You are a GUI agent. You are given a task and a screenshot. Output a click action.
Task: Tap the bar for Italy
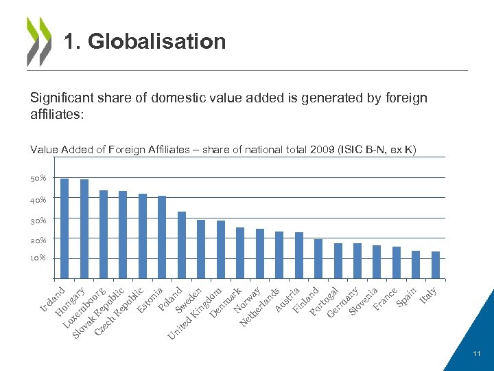[435, 265]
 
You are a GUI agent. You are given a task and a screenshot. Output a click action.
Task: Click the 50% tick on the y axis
[38, 179]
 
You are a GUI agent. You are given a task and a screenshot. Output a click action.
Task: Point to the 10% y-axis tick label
[38, 258]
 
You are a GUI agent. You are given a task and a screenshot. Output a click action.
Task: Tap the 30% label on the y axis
[38, 220]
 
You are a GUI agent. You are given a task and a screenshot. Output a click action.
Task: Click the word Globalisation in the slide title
[157, 42]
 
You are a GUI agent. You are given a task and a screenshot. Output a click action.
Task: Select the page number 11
[477, 353]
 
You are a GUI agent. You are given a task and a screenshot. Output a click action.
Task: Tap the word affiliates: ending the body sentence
[57, 113]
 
